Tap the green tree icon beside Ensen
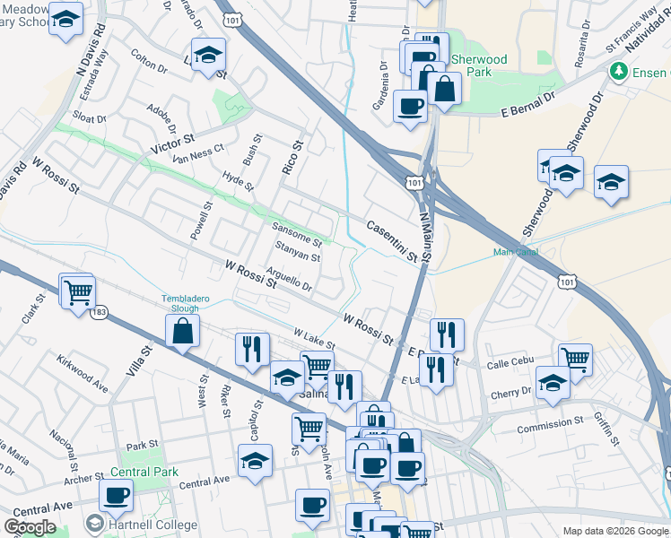617,71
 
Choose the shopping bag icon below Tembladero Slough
183,331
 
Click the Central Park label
144,472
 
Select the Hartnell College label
152,525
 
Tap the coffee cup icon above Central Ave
116,494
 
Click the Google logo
30,527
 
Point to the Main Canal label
515,252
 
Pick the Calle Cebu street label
510,362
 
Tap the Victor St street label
173,143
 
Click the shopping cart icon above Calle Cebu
575,359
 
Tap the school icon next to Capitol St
255,462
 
